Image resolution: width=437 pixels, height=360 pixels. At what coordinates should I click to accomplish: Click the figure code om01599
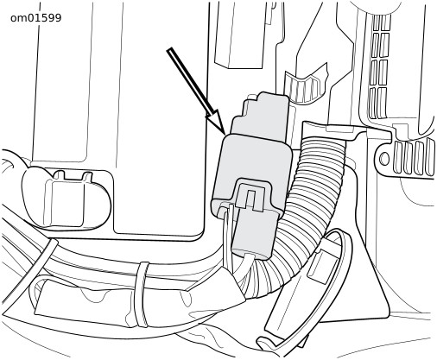pyautogui.click(x=35, y=18)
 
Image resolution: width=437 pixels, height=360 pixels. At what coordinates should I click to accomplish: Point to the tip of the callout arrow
pyautogui.click(x=225, y=134)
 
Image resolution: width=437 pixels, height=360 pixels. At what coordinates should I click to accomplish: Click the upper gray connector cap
pyautogui.click(x=260, y=116)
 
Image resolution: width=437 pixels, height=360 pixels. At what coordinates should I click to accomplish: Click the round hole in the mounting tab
pyautogui.click(x=384, y=158)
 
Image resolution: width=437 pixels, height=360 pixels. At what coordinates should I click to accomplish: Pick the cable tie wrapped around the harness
pyautogui.click(x=142, y=294)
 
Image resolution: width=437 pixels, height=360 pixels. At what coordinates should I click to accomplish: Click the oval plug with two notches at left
pyautogui.click(x=66, y=198)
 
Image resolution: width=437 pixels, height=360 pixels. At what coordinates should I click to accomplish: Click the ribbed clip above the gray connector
pyautogui.click(x=305, y=84)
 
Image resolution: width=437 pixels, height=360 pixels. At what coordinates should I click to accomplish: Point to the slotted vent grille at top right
pyautogui.click(x=379, y=66)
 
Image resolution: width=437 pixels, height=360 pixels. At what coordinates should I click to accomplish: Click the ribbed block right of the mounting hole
pyautogui.click(x=414, y=157)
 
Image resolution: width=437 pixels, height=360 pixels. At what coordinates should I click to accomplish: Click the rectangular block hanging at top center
pyautogui.click(x=239, y=35)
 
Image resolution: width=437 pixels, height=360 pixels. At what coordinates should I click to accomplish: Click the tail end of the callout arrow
pyautogui.click(x=169, y=49)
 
